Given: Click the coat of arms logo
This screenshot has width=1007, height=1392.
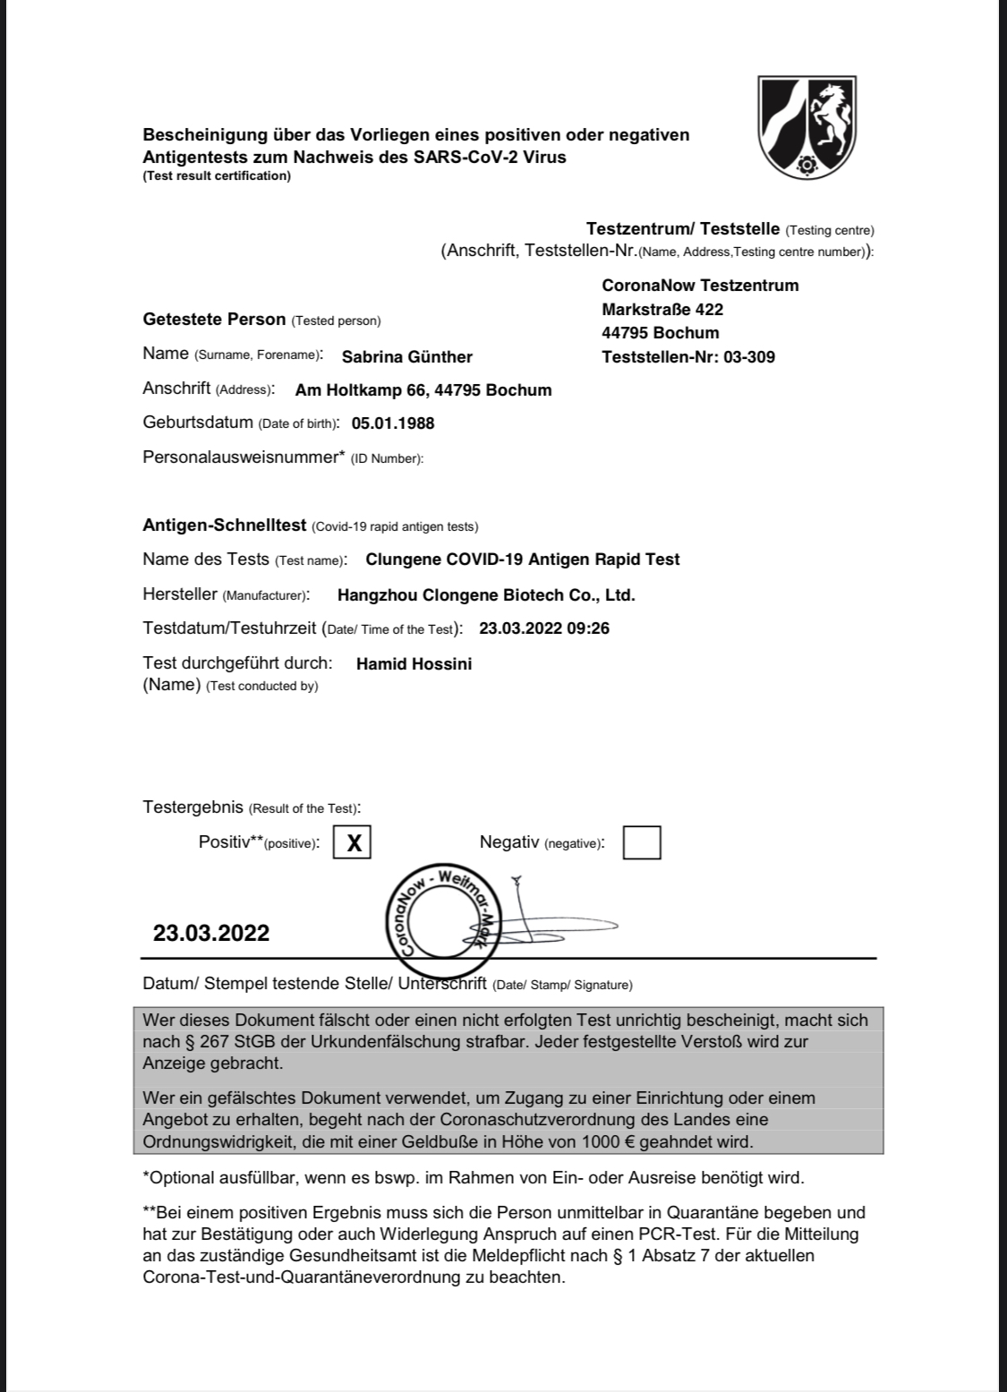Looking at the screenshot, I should pyautogui.click(x=807, y=126).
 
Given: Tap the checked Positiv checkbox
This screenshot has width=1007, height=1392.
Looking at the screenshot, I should pyautogui.click(x=353, y=842).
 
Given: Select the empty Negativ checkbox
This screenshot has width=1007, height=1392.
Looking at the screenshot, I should pyautogui.click(x=642, y=842).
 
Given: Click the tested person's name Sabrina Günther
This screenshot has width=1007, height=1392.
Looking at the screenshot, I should pyautogui.click(x=407, y=357).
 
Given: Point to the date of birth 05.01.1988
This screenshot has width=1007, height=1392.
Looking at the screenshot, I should pyautogui.click(x=393, y=423).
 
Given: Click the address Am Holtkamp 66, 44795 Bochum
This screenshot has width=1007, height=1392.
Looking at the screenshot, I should pyautogui.click(x=423, y=390).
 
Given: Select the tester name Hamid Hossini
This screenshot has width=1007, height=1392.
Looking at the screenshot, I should pyautogui.click(x=414, y=664).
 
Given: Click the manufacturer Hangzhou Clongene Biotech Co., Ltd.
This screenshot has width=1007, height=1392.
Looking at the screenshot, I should pyautogui.click(x=486, y=595).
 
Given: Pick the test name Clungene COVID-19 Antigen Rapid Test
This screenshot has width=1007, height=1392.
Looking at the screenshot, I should pyautogui.click(x=523, y=559).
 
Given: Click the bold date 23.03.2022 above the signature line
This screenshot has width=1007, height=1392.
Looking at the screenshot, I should pyautogui.click(x=211, y=934).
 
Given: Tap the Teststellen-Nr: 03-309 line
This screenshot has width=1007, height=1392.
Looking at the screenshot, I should pyautogui.click(x=688, y=357).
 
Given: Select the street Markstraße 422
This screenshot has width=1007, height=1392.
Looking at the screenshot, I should pyautogui.click(x=662, y=310).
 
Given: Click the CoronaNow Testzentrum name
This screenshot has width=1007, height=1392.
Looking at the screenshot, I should pyautogui.click(x=700, y=286).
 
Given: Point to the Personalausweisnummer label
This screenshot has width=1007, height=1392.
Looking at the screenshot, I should pyautogui.click(x=243, y=457).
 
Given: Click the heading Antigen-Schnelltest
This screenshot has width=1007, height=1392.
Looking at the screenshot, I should pyautogui.click(x=225, y=525).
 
